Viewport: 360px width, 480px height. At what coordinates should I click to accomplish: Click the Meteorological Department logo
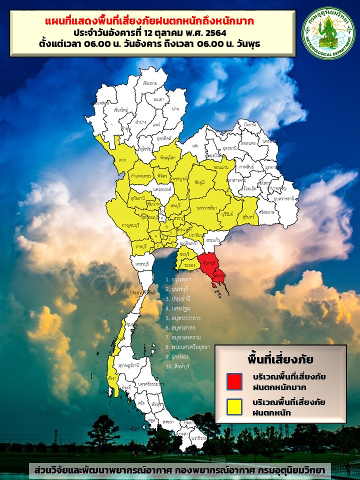click(328, 33)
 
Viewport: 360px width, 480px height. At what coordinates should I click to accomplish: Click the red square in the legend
click(234, 381)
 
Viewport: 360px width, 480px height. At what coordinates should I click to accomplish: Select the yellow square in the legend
click(234, 406)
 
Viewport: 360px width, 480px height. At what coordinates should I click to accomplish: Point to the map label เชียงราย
click(150, 83)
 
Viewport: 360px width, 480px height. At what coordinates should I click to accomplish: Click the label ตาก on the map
click(122, 160)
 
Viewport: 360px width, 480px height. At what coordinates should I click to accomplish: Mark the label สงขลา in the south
click(168, 422)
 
